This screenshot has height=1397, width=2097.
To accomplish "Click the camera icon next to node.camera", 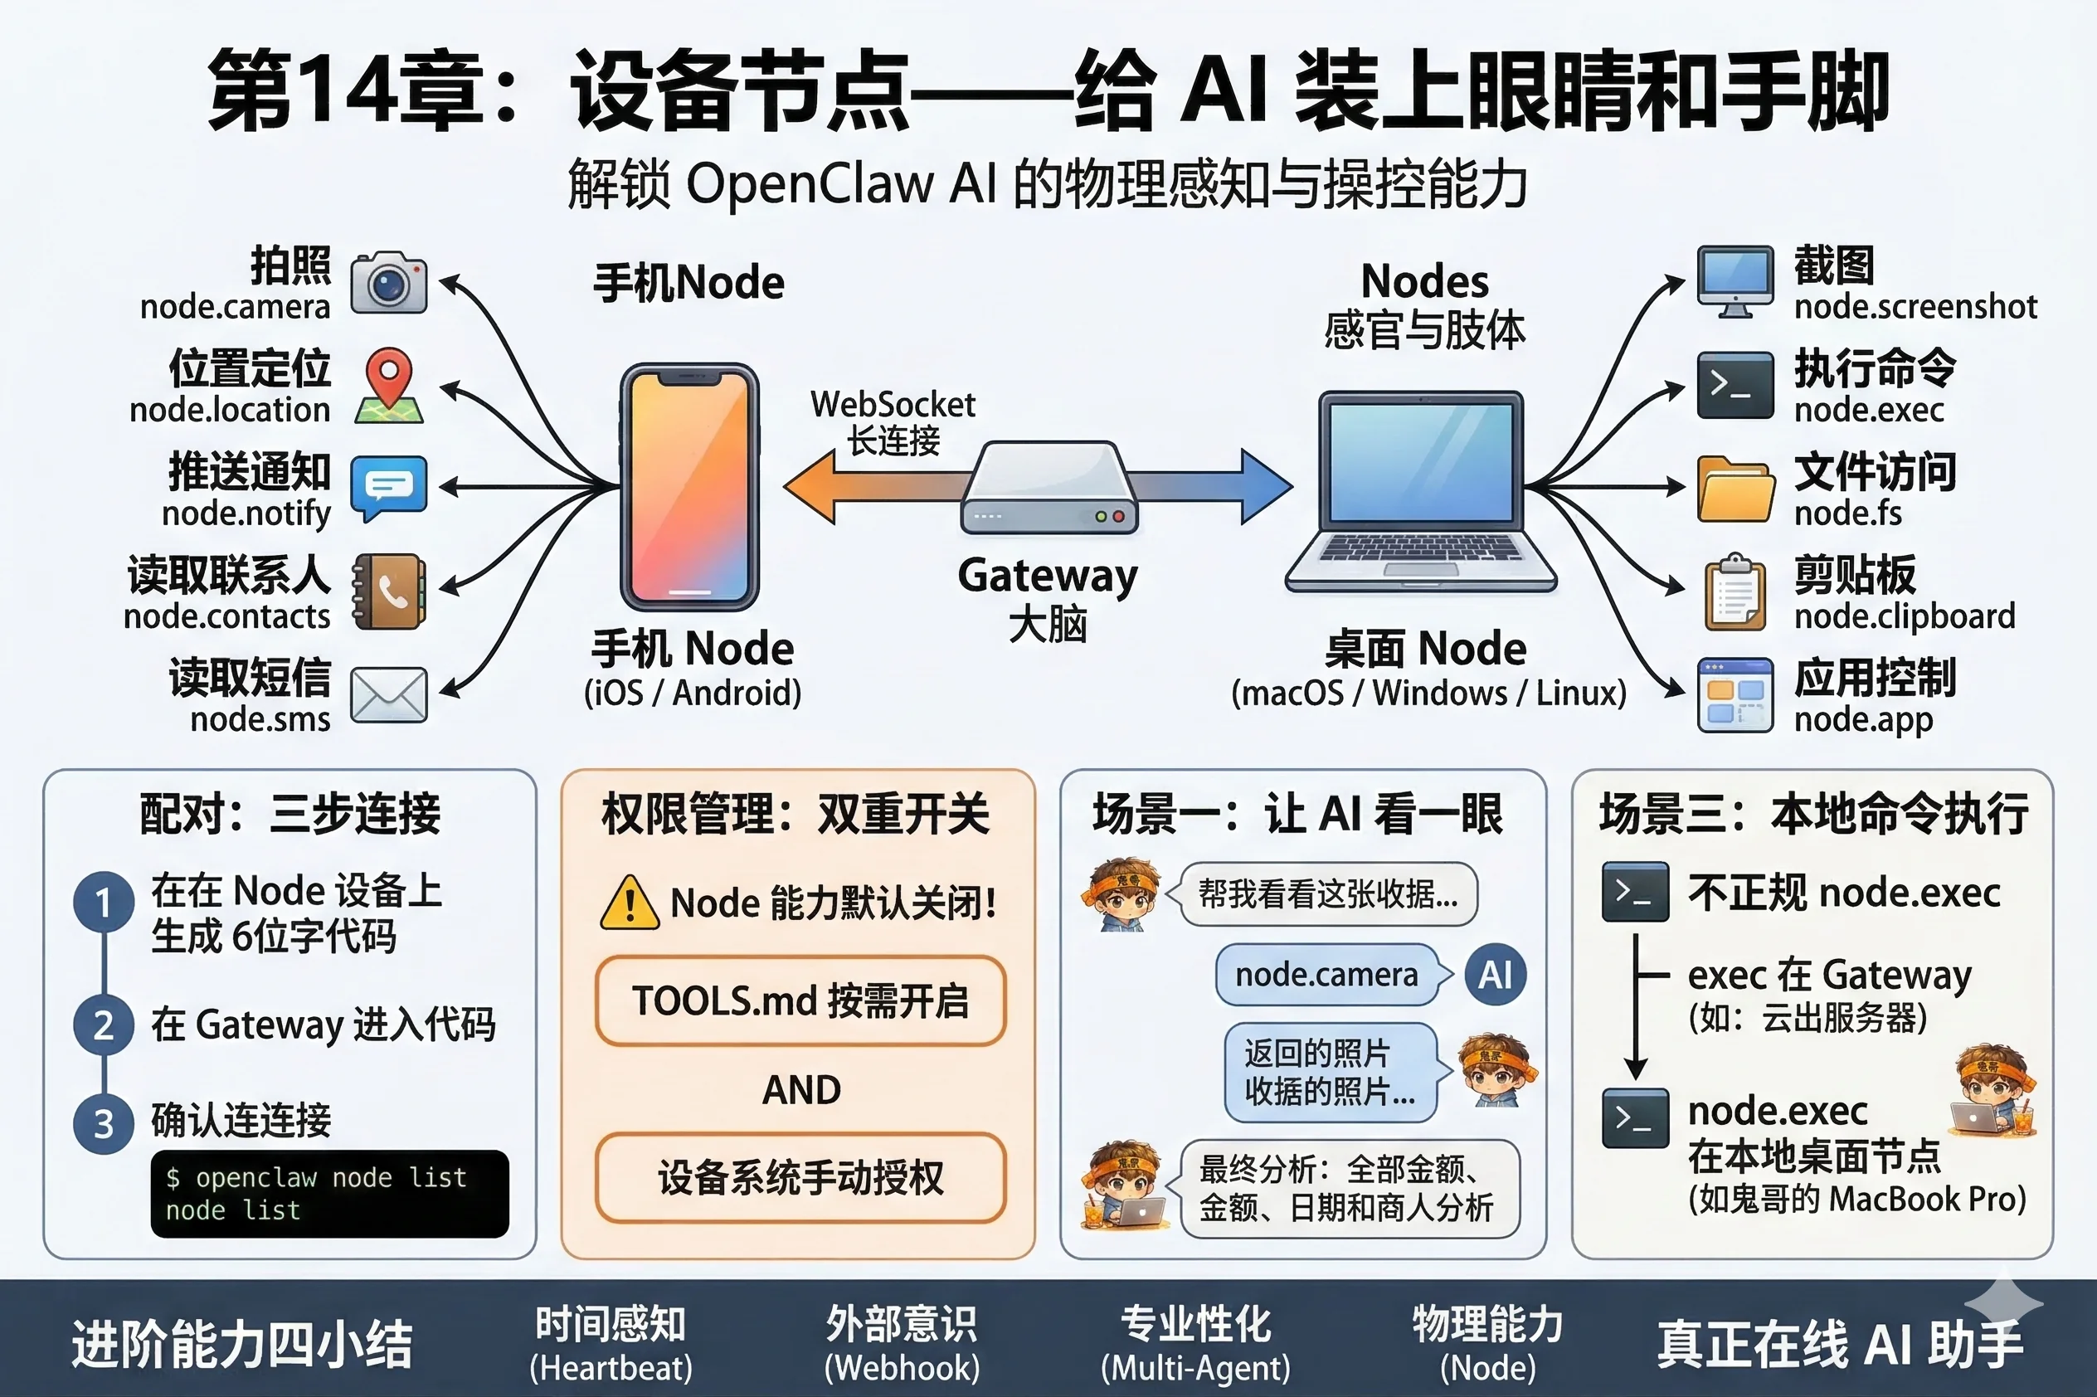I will [x=388, y=282].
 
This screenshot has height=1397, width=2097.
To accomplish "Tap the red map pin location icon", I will [x=389, y=385].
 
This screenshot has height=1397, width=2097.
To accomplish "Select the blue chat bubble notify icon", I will [x=388, y=486].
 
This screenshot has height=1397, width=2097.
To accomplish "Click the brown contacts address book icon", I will [x=388, y=591].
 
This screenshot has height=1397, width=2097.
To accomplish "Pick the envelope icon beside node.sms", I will [x=388, y=694].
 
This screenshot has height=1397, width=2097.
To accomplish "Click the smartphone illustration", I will [x=688, y=486].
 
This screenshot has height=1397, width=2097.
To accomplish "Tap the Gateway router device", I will [x=1048, y=489].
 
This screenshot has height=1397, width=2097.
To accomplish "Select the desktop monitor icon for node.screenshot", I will [x=1735, y=281].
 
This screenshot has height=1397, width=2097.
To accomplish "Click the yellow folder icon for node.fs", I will [x=1734, y=489].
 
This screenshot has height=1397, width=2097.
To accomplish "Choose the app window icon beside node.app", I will [x=1734, y=695].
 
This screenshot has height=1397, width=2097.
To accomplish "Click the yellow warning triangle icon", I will [x=630, y=903].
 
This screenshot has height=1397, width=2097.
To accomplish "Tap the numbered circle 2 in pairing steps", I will [x=104, y=1025].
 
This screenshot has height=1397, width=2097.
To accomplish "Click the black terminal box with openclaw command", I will [x=329, y=1193].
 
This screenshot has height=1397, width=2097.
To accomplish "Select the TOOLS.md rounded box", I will [x=800, y=1000].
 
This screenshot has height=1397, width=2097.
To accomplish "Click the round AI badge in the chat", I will [x=1495, y=975].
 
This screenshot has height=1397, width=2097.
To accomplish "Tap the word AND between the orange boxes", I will [x=800, y=1089].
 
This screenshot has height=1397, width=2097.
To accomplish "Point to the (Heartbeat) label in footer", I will [x=611, y=1368].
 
